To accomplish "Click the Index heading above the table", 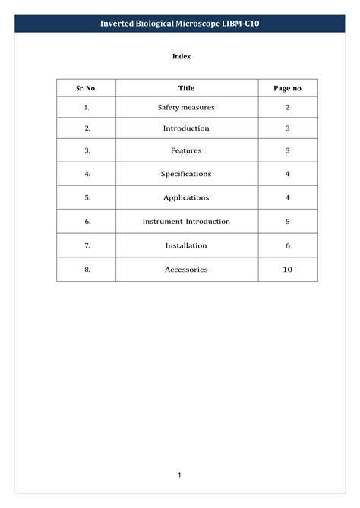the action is (x=181, y=56).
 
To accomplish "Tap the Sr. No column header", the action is (x=85, y=88).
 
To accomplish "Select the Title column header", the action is (x=186, y=88).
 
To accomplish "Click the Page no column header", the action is (x=287, y=88).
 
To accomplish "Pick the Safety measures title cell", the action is (x=186, y=108).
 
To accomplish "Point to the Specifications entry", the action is (x=186, y=174).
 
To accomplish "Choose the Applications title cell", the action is (x=186, y=197).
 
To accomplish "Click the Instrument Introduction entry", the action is (x=186, y=222).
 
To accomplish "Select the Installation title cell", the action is (x=186, y=245).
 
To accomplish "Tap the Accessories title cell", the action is (x=186, y=270).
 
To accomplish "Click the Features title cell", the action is (x=186, y=150).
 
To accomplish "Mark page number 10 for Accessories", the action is (x=287, y=270).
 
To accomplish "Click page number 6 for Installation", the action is (x=287, y=245).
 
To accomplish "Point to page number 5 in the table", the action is (x=287, y=222).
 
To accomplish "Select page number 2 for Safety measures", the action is (x=287, y=108).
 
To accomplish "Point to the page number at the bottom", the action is (x=180, y=475).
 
